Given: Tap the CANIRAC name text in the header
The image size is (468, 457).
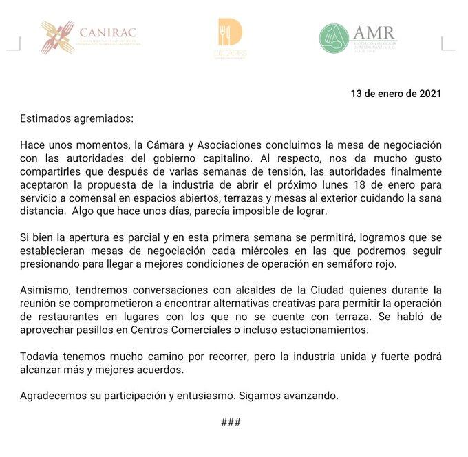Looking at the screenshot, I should [x=107, y=32].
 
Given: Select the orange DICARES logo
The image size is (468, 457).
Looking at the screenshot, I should [x=229, y=38].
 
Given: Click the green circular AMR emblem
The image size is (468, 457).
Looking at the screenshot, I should [x=334, y=39].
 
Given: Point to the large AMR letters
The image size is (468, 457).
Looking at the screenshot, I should [x=374, y=32].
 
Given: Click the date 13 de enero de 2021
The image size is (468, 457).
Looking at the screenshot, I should [x=396, y=94].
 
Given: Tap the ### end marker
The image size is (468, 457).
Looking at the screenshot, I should [x=231, y=422].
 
